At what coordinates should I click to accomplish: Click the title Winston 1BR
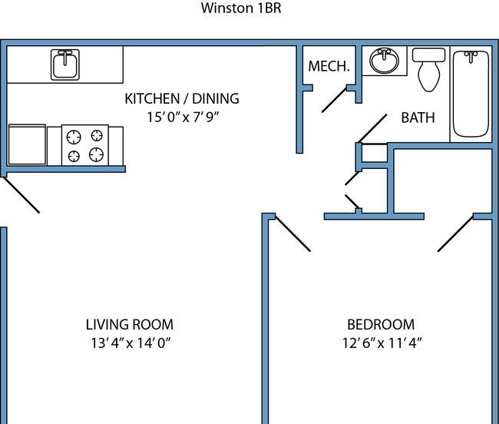pyautogui.click(x=241, y=8)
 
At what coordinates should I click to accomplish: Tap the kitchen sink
pyautogui.click(x=65, y=65)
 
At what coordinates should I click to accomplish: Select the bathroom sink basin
pyautogui.click(x=384, y=61)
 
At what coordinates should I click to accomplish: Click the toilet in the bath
pyautogui.click(x=428, y=70)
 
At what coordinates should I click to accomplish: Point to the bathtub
pyautogui.click(x=471, y=94)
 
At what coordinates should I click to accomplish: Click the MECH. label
pyautogui.click(x=329, y=66)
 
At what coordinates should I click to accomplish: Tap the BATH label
pyautogui.click(x=418, y=118)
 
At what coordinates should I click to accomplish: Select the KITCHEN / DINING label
pyautogui.click(x=182, y=98)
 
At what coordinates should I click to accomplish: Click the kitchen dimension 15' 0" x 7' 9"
pyautogui.click(x=183, y=118)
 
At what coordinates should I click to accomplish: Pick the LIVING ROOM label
pyautogui.click(x=130, y=325)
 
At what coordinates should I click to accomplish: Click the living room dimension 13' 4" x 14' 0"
pyautogui.click(x=131, y=343)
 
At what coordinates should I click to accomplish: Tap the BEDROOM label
pyautogui.click(x=381, y=325)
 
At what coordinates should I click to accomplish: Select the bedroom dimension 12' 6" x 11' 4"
pyautogui.click(x=382, y=343)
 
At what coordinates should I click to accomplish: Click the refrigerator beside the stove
pyautogui.click(x=27, y=144)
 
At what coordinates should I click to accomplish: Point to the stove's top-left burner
pyautogui.click(x=74, y=137)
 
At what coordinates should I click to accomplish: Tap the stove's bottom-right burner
pyautogui.click(x=96, y=154)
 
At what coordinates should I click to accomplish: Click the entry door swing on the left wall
pyautogui.click(x=21, y=195)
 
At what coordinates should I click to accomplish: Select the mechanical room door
pyautogui.click(x=334, y=99)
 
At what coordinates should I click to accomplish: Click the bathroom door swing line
pyautogui.click(x=372, y=128)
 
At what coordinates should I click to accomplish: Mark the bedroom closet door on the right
pyautogui.click(x=456, y=234)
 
